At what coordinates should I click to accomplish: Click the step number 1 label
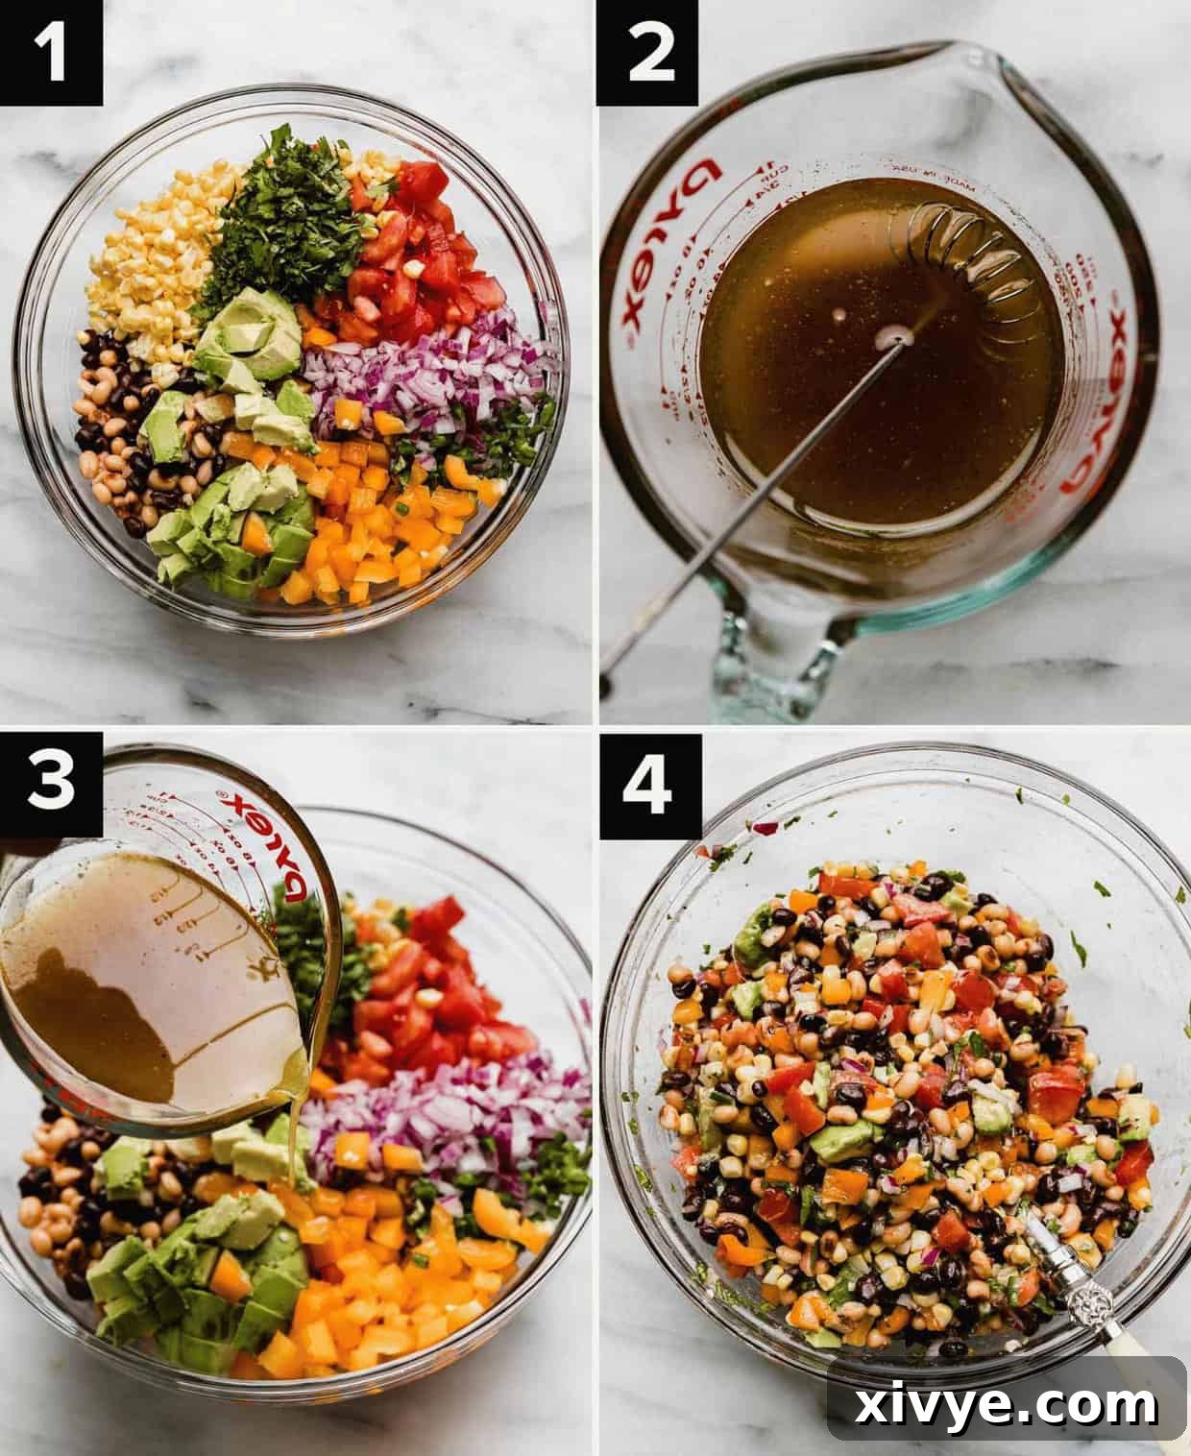[x=52, y=53]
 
